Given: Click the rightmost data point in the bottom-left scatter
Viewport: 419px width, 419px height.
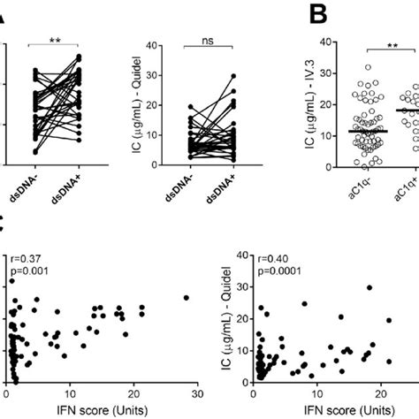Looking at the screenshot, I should (x=186, y=298).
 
